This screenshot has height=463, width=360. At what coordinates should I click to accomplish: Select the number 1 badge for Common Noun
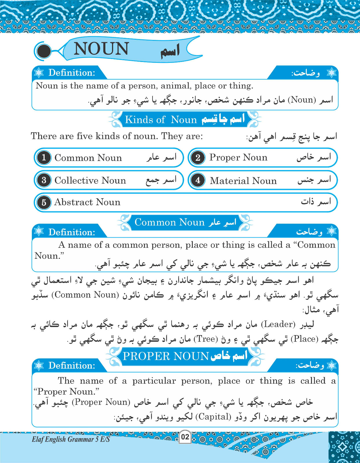tap(44, 158)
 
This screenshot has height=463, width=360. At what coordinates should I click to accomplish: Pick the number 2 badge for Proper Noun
tap(198, 158)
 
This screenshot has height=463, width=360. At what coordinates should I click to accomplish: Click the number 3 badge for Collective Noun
tap(44, 180)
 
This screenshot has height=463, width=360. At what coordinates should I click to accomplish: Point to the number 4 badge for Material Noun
tap(198, 180)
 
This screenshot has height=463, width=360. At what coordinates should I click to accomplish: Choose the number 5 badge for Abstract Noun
tap(44, 202)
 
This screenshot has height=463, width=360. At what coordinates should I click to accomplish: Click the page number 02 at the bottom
tap(185, 437)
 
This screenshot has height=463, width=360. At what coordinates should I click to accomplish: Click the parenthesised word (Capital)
tap(213, 417)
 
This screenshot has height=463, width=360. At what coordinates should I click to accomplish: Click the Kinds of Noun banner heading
tap(161, 120)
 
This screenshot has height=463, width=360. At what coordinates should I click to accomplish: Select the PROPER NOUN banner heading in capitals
tap(166, 356)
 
